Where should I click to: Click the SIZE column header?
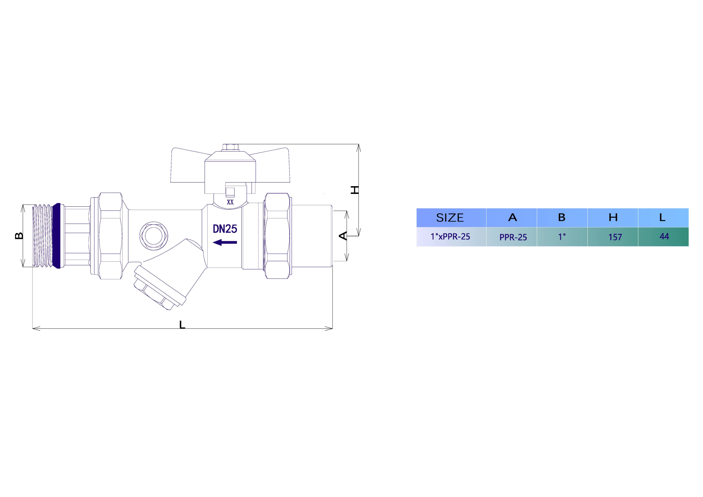coord(450,218)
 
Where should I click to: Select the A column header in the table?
coord(513,217)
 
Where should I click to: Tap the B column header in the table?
coord(562,217)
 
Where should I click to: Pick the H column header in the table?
coord(613,217)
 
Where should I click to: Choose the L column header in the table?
coord(662,217)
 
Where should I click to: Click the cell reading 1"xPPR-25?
coord(450,237)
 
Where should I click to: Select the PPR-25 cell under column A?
coord(513,238)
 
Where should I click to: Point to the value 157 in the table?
coord(615,238)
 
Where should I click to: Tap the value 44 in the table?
coord(664,236)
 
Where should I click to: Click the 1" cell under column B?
coord(562,237)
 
